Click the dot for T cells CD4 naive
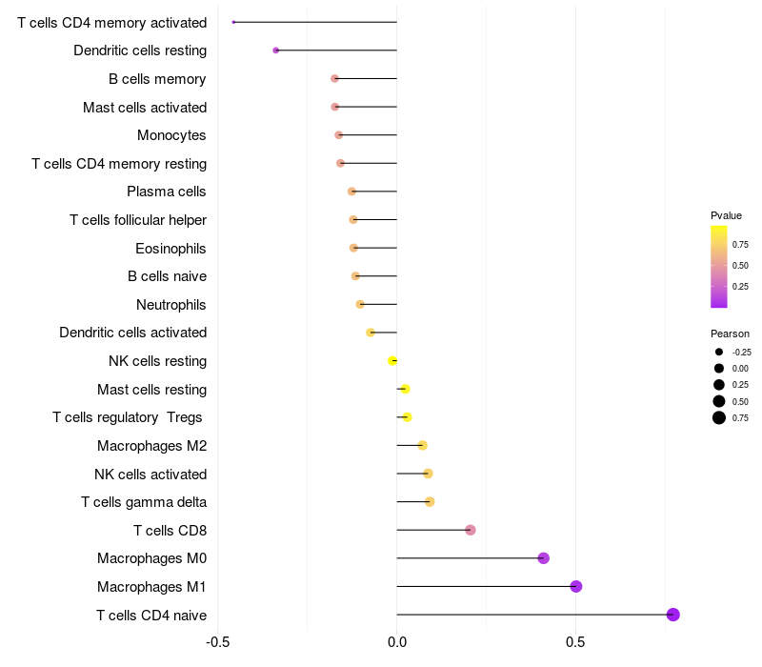673,615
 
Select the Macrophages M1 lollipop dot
576,586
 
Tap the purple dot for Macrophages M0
544,558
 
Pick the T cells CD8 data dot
471,530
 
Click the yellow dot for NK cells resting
392,360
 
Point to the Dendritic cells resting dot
276,50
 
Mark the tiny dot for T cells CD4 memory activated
233,22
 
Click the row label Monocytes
171,135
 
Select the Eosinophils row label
171,248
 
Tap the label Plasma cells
167,192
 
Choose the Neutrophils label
171,304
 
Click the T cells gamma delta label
144,502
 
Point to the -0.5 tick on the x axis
217,642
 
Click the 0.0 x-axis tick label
396,642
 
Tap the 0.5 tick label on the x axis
575,642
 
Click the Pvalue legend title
726,215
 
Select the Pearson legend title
730,333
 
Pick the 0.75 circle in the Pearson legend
719,417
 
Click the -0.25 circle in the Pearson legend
719,352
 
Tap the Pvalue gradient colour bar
719,267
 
